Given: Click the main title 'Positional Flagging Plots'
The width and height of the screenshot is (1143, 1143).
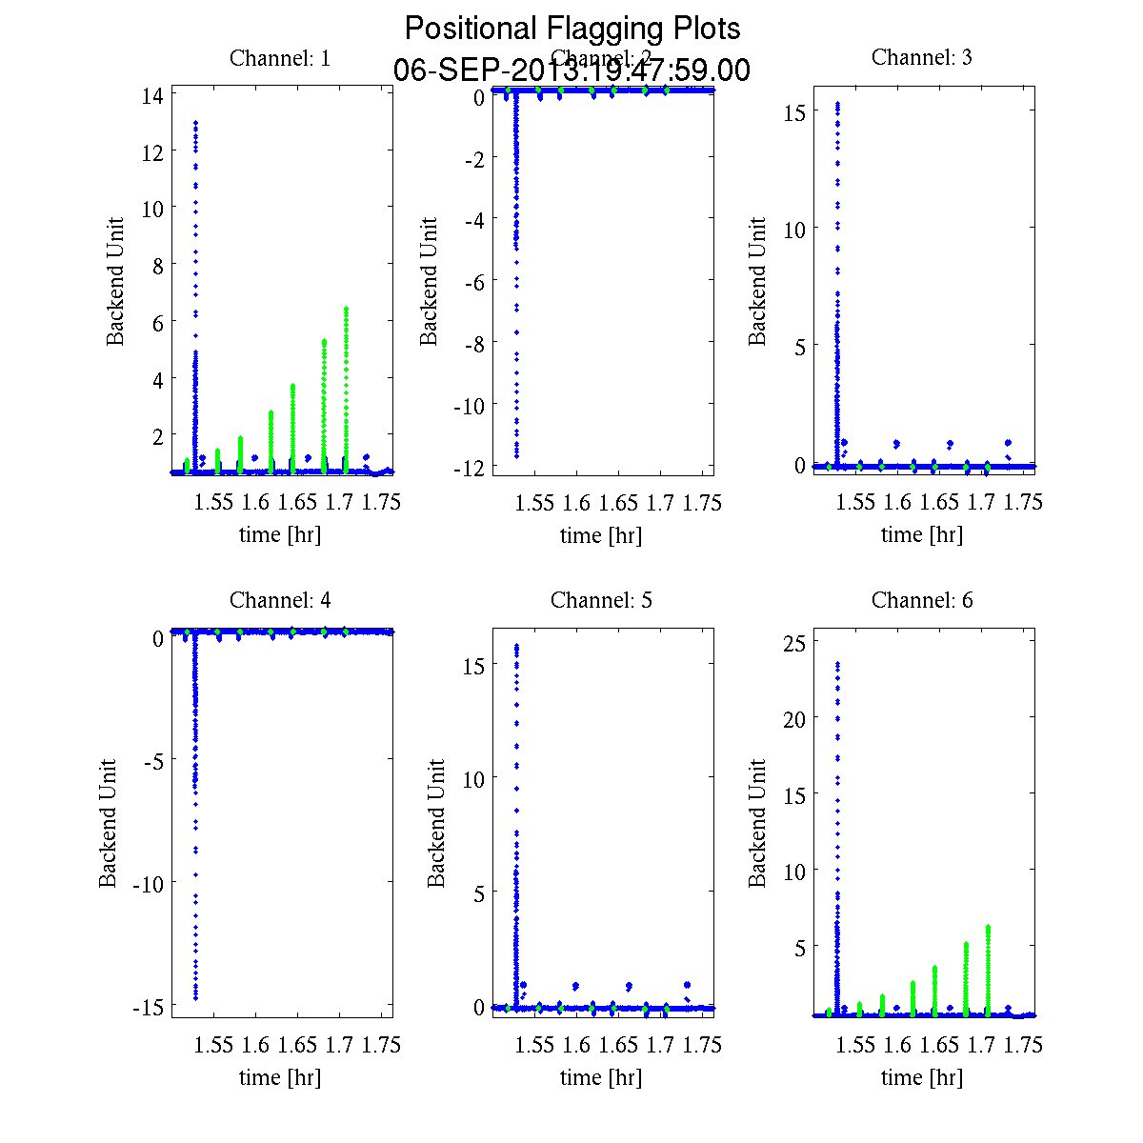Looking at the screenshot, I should pos(571,29).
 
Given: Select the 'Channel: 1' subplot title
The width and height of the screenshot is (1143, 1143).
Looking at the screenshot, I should pos(280,58).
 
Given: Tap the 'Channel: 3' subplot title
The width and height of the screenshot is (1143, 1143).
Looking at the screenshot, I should pos(922,57).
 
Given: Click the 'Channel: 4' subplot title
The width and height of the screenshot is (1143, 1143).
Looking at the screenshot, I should pos(280,600).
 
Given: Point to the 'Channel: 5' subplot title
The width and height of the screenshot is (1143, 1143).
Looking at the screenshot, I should pos(601,600).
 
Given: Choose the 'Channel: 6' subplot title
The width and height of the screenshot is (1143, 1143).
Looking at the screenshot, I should pos(922,600).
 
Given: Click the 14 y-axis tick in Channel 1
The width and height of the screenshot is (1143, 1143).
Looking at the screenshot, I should pos(152,95).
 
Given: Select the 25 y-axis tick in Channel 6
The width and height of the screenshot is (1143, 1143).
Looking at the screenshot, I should pos(794,643).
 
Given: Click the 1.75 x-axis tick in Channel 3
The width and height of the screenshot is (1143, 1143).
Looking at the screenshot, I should pos(1024,503).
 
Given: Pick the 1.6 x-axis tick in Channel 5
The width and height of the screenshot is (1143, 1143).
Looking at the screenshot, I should pos(576,1046).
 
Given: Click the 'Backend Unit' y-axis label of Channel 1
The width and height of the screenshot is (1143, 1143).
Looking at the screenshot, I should pos(115,282).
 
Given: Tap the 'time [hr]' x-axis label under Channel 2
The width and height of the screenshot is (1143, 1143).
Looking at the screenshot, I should pos(601,535).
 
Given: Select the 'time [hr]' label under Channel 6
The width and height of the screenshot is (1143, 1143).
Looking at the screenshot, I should pos(922,1078).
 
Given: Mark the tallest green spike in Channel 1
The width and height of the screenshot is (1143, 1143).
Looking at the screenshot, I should pos(347,309).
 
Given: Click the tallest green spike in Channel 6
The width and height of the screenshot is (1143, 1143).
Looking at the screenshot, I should pos(989,927).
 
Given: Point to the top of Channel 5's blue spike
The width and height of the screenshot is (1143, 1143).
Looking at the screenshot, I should pos(516,646).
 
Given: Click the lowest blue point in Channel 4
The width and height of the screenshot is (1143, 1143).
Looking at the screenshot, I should pos(195,997).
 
